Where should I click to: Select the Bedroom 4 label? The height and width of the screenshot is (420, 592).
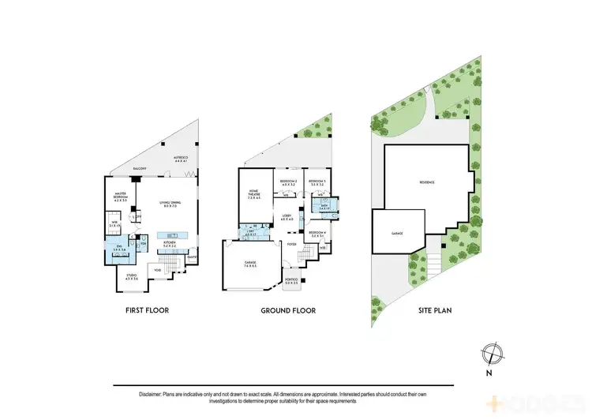317,233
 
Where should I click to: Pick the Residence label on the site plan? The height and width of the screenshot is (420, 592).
427,183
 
